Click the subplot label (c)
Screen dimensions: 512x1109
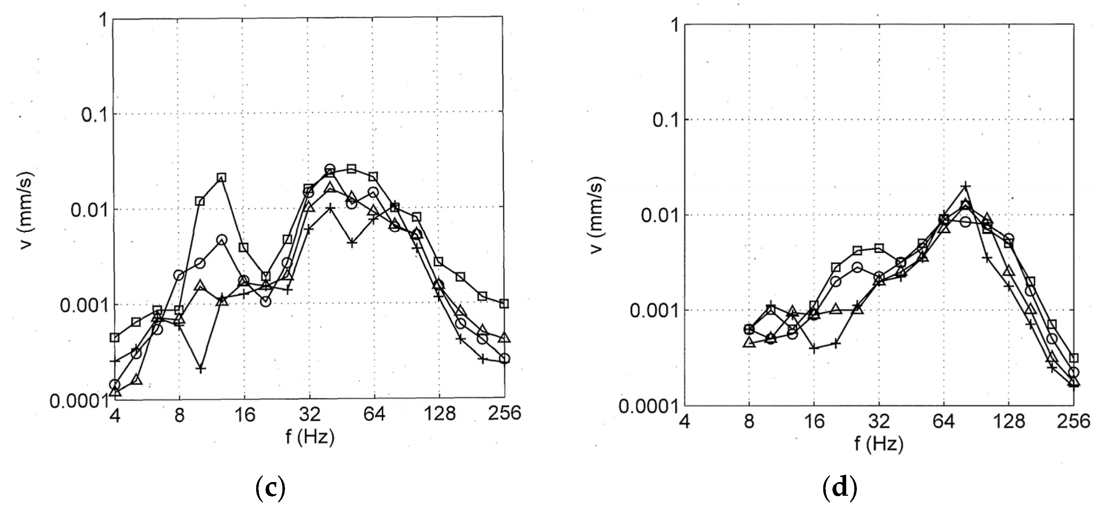pos(270,488)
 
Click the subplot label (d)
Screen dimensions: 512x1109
pos(840,488)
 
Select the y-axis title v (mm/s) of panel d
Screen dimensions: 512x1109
pos(596,215)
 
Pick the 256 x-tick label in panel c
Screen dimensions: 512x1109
pos(504,414)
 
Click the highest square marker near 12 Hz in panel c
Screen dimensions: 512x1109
pos(221,178)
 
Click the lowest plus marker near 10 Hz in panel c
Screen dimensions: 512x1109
pos(201,369)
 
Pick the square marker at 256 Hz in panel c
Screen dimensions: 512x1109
pos(505,304)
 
